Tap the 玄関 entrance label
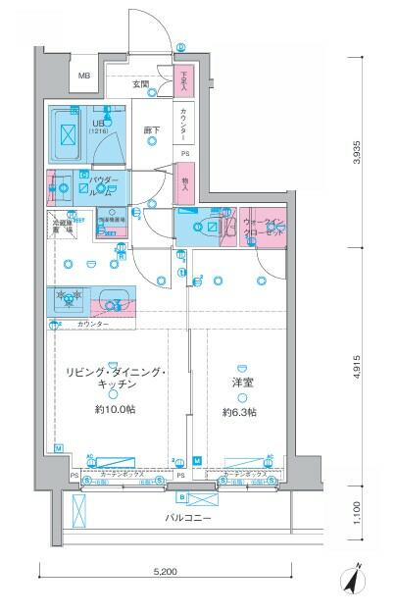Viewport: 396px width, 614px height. point(142,85)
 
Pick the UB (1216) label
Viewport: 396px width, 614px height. point(98,125)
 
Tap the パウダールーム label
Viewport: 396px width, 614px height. point(104,185)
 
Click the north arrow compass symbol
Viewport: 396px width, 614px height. point(352,581)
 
